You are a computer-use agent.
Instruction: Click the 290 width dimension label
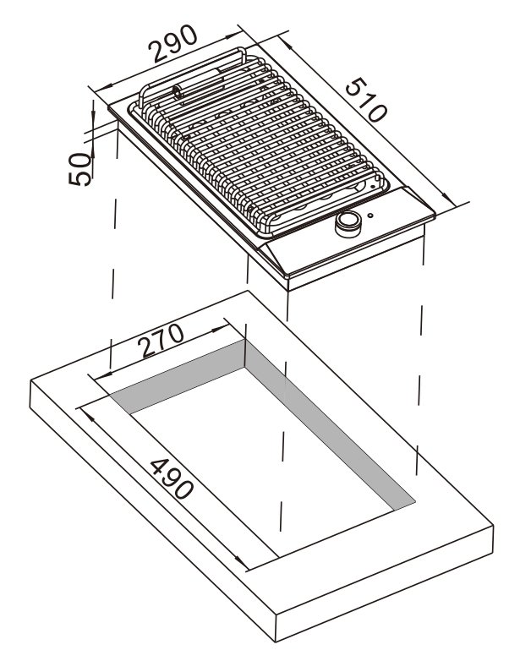172,43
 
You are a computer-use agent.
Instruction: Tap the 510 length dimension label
365,100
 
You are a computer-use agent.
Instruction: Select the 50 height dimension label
79,168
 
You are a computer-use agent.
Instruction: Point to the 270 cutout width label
161,340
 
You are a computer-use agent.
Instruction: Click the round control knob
348,223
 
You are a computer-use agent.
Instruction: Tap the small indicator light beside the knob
370,216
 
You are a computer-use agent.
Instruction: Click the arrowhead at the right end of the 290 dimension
233,36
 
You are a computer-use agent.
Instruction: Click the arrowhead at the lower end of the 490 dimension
241,561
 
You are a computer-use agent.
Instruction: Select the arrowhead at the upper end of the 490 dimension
88,417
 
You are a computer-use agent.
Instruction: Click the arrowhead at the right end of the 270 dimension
219,329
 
